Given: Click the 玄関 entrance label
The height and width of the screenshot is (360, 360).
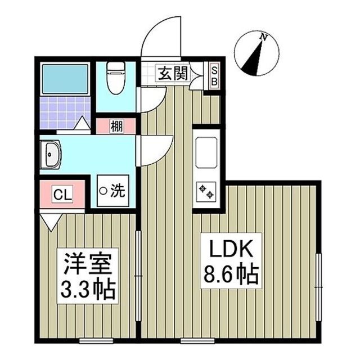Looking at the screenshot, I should coord(173,73).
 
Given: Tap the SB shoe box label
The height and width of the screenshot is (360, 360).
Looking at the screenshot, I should coord(214,74).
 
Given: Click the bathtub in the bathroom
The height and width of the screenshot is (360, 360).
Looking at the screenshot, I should coord(66,79).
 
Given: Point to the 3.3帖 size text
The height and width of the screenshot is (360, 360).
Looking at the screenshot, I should coord(89,290).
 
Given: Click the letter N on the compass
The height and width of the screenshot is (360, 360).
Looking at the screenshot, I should coord(263,37).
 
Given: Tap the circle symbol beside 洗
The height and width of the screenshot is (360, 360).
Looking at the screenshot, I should coord(103,191).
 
